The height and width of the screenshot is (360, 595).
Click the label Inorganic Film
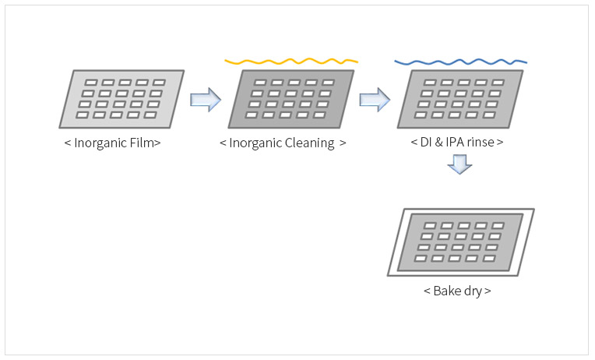112,143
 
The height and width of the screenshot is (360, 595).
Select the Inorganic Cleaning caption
283,143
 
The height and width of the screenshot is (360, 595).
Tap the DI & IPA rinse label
457,142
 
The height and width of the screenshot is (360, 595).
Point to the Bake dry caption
457,291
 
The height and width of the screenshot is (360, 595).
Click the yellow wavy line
291,61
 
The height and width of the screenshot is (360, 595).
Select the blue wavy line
461,62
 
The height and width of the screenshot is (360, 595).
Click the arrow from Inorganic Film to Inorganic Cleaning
206,100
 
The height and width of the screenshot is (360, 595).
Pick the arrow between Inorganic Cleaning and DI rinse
375,100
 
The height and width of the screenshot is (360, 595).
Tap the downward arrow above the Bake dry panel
459,164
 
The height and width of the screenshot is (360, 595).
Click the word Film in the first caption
142,143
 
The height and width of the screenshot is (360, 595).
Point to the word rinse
481,142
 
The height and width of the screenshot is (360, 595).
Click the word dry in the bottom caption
474,291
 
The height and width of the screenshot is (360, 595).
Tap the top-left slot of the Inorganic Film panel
91,83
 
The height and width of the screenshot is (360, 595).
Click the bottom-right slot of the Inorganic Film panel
150,115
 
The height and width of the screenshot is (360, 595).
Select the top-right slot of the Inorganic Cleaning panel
328,83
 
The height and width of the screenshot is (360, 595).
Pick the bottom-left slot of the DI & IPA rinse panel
421,115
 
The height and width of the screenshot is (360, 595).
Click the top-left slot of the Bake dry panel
430,225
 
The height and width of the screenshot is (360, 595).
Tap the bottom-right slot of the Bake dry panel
489,259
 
